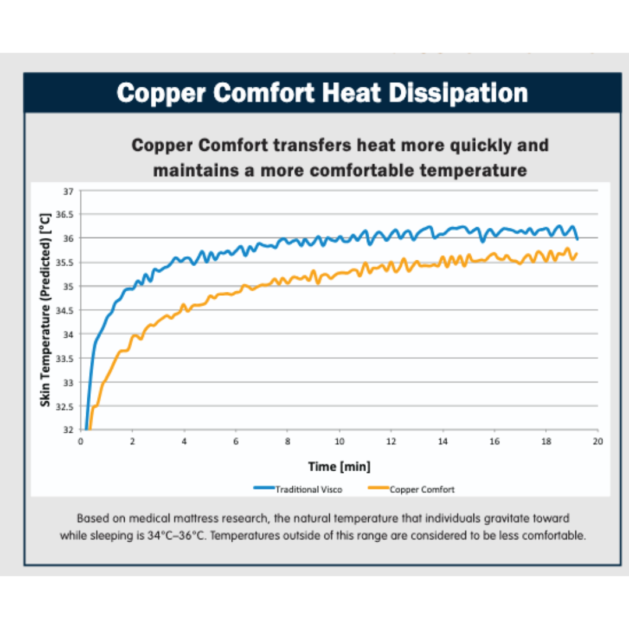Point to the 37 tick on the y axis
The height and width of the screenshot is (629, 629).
[x=68, y=190]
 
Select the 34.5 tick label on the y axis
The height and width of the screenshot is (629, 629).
[x=65, y=310]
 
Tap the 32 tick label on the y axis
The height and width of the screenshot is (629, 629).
[x=68, y=430]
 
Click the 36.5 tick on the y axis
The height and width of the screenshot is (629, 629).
[x=65, y=214]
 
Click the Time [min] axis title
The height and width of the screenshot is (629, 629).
[x=339, y=467]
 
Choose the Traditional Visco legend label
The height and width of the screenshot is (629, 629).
[x=309, y=490]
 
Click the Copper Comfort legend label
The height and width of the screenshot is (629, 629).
[x=422, y=490]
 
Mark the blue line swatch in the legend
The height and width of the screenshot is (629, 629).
[x=264, y=489]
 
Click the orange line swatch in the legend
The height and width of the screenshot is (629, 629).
[x=378, y=489]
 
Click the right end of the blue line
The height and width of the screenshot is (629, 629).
[x=577, y=239]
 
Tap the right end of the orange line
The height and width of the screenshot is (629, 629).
[x=577, y=253]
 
